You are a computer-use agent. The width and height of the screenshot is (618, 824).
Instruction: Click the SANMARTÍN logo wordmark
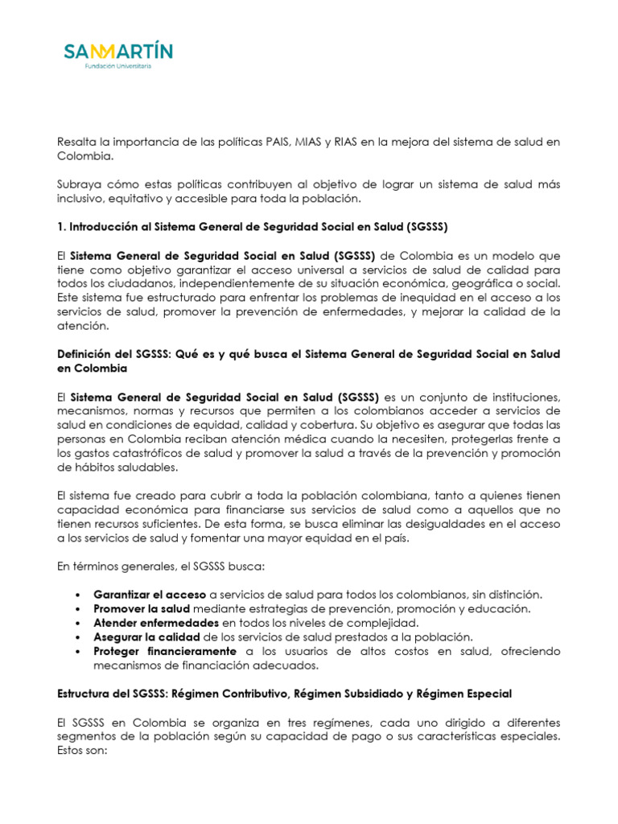[118, 53]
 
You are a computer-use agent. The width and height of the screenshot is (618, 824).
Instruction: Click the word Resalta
[79, 142]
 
